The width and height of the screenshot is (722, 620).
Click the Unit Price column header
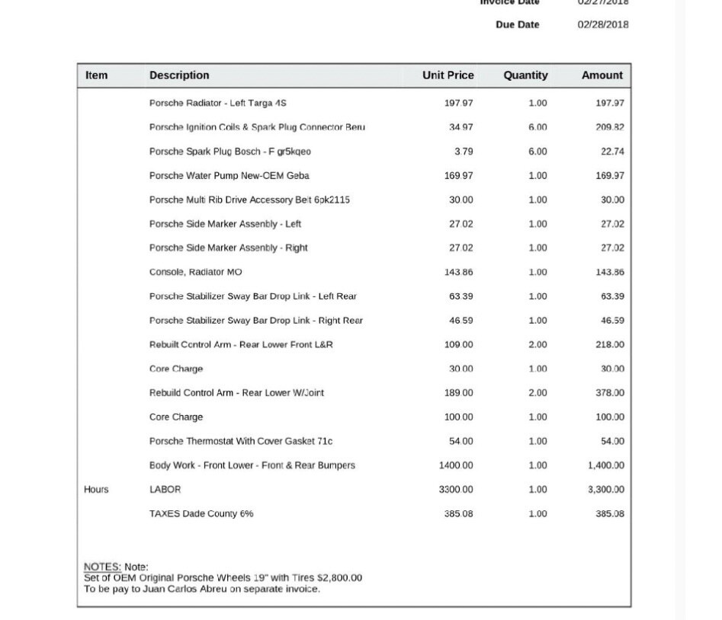coord(448,75)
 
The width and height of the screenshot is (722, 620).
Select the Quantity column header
coord(525,75)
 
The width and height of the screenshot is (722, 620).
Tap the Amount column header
coord(602,75)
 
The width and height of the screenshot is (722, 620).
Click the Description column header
coord(179,75)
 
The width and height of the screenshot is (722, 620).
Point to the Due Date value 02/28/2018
coord(603,24)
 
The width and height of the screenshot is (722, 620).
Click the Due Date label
coord(517,24)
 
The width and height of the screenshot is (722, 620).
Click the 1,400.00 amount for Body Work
coord(606,465)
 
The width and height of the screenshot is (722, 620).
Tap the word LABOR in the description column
coord(165,490)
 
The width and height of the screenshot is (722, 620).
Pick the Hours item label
coord(96,490)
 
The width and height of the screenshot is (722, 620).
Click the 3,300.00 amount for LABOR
coord(606,490)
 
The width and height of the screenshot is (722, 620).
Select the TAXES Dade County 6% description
coord(201,514)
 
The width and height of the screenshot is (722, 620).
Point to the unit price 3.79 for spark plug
coord(464,152)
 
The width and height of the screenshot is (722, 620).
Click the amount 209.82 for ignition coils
coord(610,127)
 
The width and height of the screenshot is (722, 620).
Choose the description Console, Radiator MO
coord(195,272)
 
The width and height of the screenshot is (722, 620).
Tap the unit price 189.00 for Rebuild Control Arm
coord(458,393)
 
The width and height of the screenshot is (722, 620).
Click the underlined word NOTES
coord(102,567)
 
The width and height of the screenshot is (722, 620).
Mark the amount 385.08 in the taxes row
coord(610,514)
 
